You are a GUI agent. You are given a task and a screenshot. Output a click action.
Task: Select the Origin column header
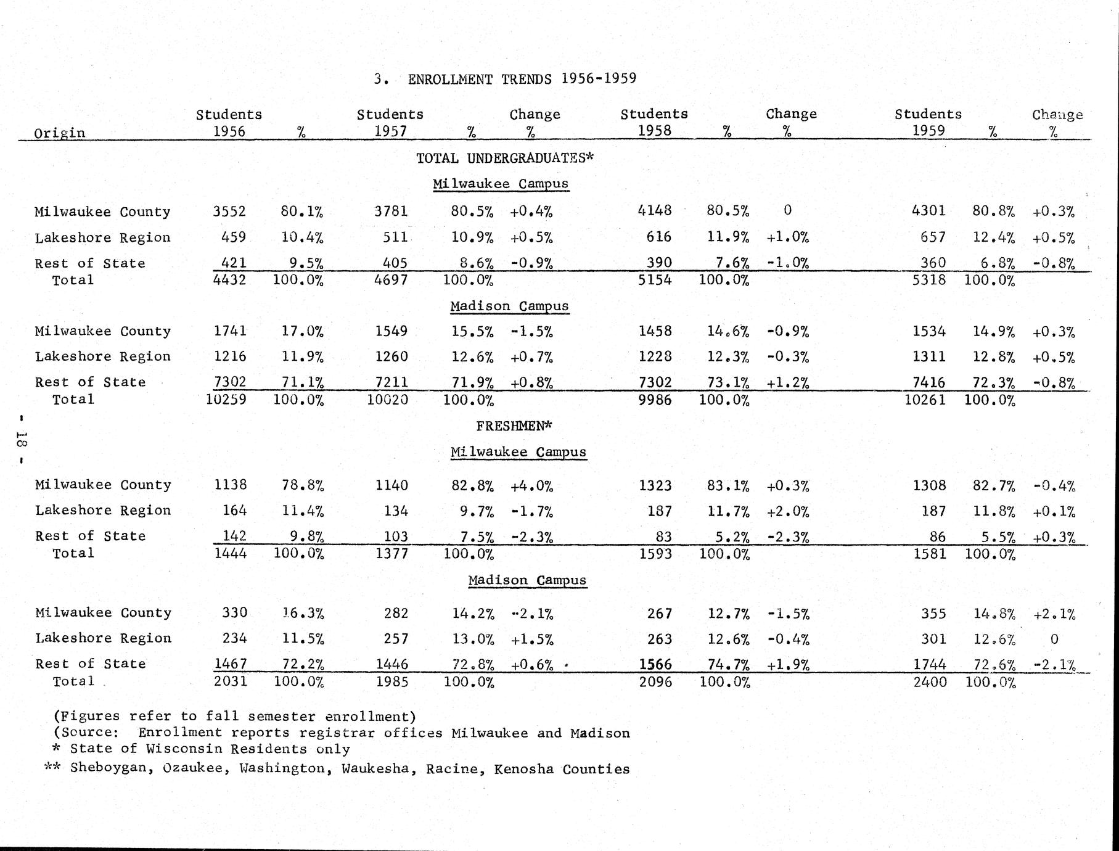pos(59,133)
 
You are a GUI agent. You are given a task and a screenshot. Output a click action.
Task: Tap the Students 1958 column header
pos(654,122)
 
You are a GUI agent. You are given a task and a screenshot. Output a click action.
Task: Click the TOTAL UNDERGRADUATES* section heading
pos(504,158)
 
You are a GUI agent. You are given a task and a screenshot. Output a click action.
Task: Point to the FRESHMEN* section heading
pos(514,425)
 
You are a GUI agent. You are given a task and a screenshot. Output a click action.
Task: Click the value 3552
pos(229,212)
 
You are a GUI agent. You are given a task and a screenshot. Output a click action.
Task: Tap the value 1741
pos(230,331)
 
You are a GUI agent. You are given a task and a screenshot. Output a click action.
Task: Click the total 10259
pos(226,400)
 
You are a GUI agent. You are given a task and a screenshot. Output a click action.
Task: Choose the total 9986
pos(654,400)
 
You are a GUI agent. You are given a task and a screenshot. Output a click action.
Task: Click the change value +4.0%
pos(531,486)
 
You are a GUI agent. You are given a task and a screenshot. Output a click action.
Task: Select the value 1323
pos(655,486)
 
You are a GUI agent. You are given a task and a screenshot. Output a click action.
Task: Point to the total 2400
pos(930,682)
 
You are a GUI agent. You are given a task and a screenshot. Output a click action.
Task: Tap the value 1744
pos(930,664)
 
